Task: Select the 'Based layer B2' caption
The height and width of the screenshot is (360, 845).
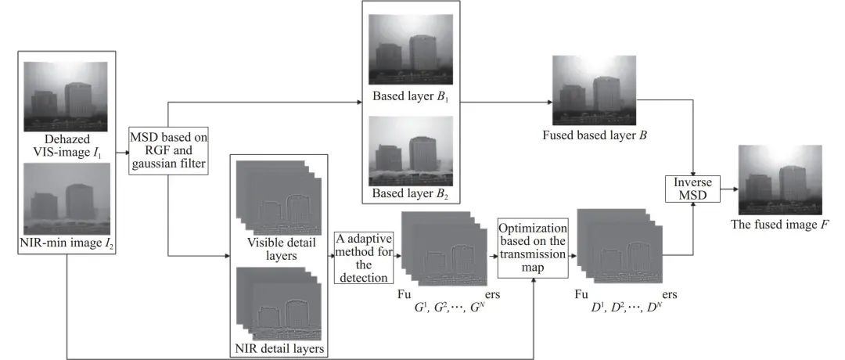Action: (410, 193)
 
